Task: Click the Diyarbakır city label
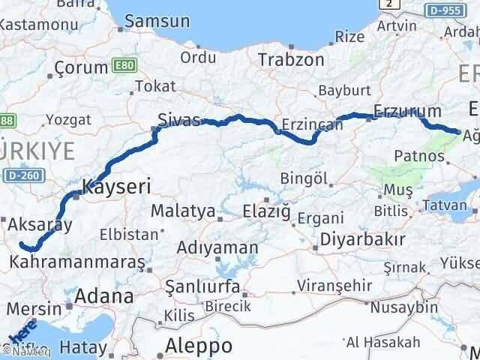pos(362,239)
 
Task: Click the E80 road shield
pos(124,66)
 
